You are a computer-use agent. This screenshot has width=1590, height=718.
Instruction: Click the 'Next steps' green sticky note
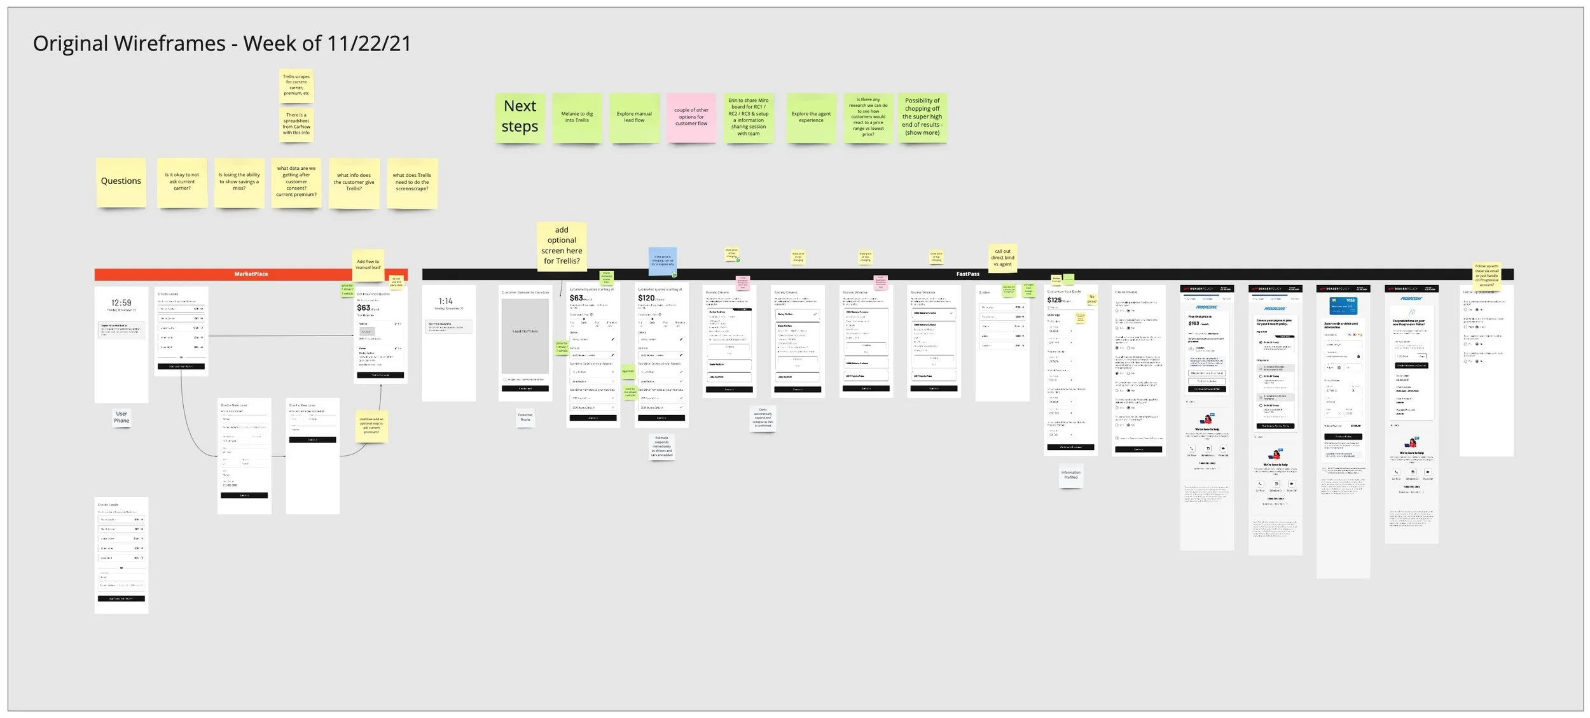coord(520,118)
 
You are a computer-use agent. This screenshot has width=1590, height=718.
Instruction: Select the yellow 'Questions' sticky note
coord(121,182)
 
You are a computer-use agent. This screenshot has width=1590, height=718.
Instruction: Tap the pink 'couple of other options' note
coord(691,117)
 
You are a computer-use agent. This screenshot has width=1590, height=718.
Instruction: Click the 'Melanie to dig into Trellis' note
coord(577,118)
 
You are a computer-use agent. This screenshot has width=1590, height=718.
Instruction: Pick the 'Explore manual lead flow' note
coord(634,118)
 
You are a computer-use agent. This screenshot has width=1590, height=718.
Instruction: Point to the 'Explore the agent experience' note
coord(811,118)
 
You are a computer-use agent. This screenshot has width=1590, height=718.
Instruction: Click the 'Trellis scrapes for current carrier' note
coord(296,85)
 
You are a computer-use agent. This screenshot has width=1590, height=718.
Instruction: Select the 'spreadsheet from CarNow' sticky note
coord(296,124)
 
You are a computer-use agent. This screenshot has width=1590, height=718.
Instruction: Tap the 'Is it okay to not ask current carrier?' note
coord(182,182)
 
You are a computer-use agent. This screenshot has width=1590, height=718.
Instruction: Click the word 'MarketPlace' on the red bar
coord(251,274)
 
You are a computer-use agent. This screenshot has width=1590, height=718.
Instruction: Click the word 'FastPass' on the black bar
coord(967,274)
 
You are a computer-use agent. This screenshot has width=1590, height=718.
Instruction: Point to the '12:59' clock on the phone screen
coord(121,303)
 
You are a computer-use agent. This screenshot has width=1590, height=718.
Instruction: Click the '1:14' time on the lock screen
coord(446,301)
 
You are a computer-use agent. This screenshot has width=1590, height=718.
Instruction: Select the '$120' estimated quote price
coord(646,298)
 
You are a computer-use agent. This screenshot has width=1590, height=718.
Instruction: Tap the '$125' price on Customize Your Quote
coord(1054,300)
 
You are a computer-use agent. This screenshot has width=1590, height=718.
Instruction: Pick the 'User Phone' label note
coord(121,417)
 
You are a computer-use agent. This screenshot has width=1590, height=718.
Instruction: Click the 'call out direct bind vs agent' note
coord(1002,258)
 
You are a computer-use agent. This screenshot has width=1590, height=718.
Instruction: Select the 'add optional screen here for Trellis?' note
coord(562,246)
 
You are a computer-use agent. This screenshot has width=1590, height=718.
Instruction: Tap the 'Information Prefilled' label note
coord(1070,475)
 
